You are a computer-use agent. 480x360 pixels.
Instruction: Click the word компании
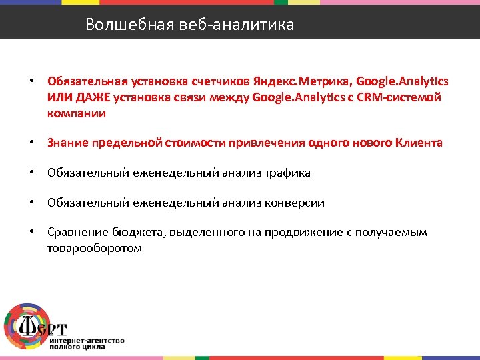[x=76, y=113]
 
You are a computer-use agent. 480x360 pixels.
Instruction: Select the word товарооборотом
[x=94, y=248]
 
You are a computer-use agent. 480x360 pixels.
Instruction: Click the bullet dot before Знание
[x=31, y=143]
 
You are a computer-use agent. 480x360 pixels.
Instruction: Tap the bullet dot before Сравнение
[x=31, y=232]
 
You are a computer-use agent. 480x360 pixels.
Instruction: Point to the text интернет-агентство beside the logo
[x=87, y=340]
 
